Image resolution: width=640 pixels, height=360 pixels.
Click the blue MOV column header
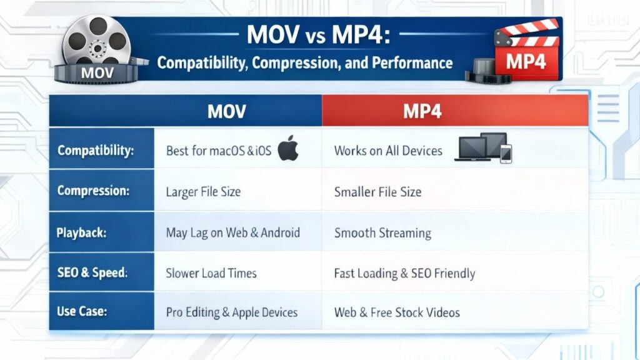pyautogui.click(x=185, y=111)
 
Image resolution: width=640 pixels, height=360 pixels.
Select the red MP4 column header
pyautogui.click(x=455, y=111)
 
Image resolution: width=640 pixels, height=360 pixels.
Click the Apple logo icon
pyautogui.click(x=288, y=147)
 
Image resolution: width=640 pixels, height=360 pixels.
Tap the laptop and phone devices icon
pyautogui.click(x=483, y=147)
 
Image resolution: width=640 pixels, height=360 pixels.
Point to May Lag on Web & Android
pyautogui.click(x=232, y=232)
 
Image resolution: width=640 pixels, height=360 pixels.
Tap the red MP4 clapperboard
pyautogui.click(x=526, y=50)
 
